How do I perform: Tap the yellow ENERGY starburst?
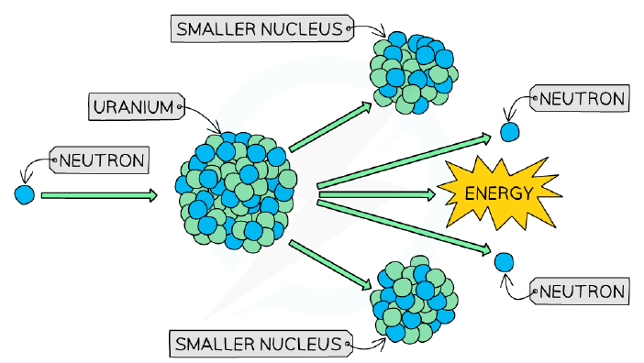click(499, 192)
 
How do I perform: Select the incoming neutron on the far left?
click(25, 194)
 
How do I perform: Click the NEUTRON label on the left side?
click(99, 160)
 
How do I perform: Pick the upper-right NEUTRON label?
click(580, 98)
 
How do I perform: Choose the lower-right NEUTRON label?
click(580, 291)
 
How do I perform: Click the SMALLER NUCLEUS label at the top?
click(262, 28)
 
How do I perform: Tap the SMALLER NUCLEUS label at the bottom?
click(261, 344)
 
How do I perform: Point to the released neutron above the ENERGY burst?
click(510, 132)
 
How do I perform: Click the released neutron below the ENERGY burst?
click(504, 262)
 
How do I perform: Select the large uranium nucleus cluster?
click(236, 192)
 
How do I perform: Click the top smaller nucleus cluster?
click(414, 72)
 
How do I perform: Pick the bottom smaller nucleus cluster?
click(414, 300)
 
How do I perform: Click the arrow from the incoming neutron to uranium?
click(99, 195)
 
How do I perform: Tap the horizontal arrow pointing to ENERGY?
click(377, 194)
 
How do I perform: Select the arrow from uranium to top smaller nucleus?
click(330, 126)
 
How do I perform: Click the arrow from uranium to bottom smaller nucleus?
click(330, 265)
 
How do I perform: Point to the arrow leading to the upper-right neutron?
click(405, 160)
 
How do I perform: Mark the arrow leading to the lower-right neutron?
click(405, 227)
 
